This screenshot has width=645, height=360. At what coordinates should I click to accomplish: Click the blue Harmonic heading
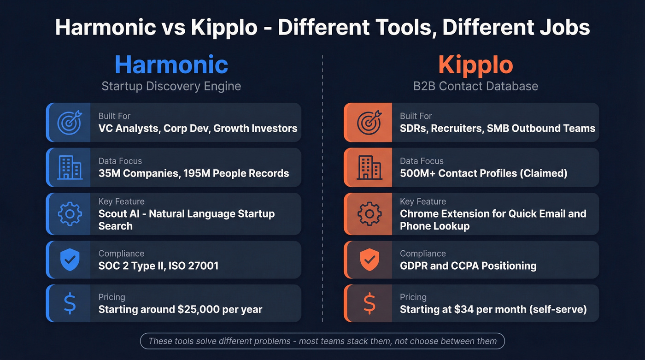171,64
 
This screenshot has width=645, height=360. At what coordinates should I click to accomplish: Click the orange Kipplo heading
475,64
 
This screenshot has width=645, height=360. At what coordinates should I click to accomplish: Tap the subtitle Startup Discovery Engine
171,86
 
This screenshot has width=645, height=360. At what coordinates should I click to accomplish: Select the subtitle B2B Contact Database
475,86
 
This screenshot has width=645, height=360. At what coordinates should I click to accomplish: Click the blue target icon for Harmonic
69,122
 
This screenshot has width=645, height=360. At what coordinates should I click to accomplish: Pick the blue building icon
69,167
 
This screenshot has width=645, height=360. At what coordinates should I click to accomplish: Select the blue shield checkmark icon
70,260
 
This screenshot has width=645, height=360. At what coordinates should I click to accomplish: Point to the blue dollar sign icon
70,303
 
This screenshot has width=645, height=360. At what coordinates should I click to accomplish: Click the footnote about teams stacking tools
322,342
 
